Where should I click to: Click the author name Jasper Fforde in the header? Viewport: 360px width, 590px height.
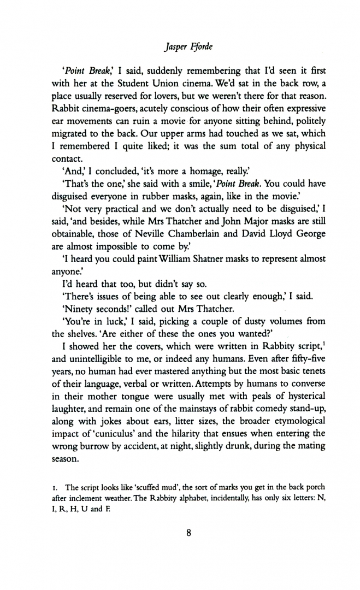[x=180, y=32]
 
